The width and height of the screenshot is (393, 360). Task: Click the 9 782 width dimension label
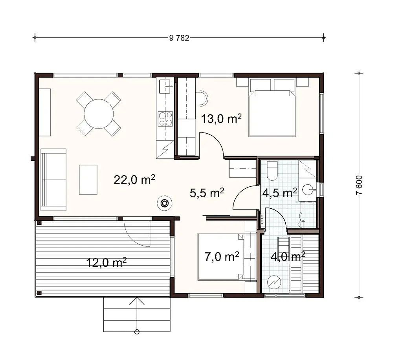(179, 38)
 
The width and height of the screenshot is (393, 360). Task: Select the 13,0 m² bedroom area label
(221, 118)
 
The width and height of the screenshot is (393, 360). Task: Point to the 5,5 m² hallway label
(207, 193)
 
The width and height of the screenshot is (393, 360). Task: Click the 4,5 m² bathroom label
(279, 193)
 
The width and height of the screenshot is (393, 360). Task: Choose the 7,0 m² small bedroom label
(222, 257)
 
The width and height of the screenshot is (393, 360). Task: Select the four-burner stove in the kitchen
(165, 119)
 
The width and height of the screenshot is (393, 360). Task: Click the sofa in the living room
(54, 180)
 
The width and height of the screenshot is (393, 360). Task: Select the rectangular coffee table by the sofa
(88, 180)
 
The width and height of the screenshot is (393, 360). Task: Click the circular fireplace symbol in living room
(164, 203)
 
